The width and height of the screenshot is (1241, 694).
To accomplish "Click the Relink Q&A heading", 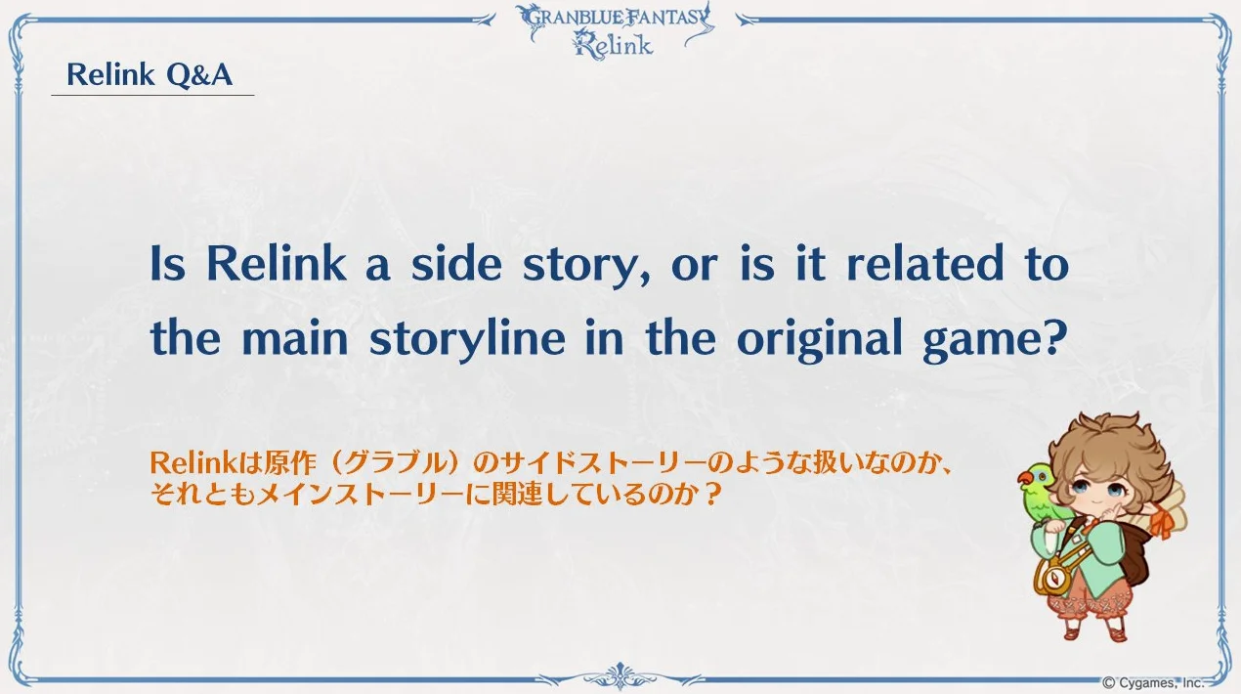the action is click(150, 75).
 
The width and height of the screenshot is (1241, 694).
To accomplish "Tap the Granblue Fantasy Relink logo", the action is click(615, 30).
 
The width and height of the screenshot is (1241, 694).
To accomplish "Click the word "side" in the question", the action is click(456, 264).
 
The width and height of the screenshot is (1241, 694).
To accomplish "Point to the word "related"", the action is click(925, 264).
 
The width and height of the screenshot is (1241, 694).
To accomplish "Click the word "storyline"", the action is click(468, 339).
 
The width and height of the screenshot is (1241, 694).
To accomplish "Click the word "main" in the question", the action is click(295, 337).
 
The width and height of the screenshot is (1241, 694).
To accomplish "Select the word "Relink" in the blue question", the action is click(277, 264).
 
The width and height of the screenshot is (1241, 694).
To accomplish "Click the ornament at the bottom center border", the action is click(620, 676).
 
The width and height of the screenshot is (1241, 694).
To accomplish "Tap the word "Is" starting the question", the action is click(167, 264).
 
